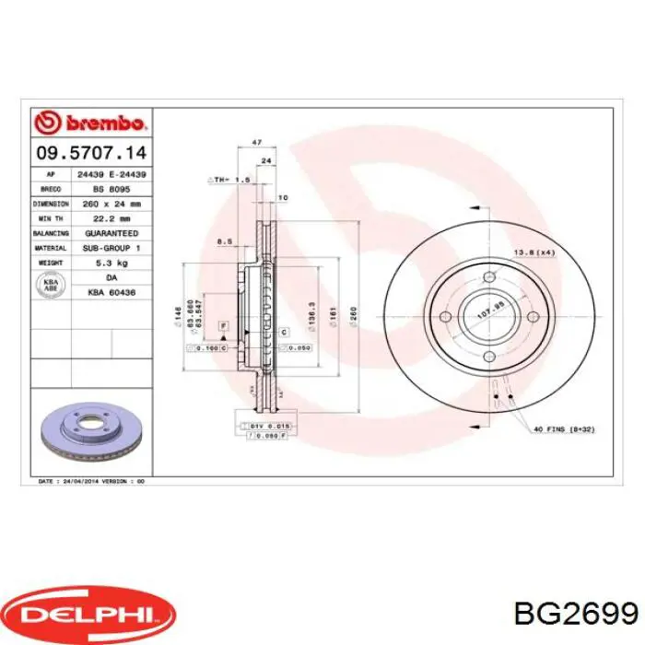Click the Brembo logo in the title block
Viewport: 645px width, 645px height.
pos(90,123)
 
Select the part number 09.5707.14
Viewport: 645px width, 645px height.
pos(90,153)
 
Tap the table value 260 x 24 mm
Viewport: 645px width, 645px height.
pos(111,204)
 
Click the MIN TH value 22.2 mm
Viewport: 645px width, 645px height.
pos(111,218)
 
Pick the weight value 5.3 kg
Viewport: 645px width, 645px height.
pos(111,263)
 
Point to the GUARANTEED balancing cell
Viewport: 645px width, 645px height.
pos(111,233)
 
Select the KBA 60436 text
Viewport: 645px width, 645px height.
pos(111,292)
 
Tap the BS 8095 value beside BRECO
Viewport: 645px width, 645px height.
pos(111,188)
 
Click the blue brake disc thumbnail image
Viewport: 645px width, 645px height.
pos(90,431)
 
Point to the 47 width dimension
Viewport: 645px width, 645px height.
pos(257,142)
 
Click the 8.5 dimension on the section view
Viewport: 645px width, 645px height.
pos(223,242)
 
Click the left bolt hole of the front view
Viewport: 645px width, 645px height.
pos(445,318)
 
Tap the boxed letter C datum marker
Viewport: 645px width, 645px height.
pos(285,331)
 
